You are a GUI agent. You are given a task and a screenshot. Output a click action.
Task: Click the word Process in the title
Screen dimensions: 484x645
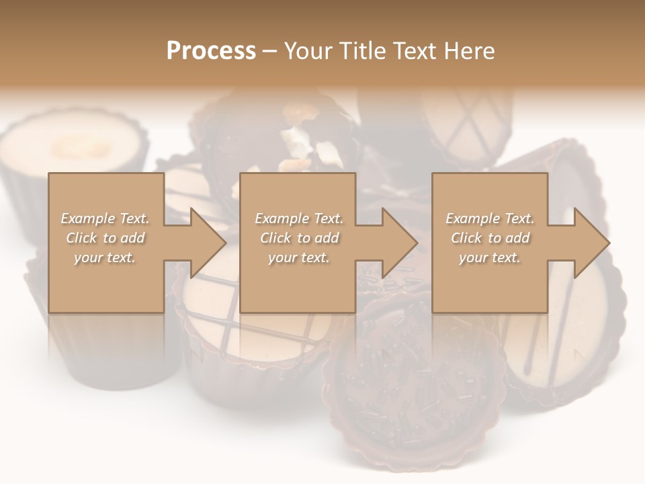point(211,51)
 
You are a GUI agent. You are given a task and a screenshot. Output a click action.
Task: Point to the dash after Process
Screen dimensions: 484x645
point(270,52)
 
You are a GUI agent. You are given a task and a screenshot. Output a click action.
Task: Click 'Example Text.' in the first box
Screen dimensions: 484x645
point(105,218)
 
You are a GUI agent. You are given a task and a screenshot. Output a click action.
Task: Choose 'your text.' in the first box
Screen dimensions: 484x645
point(105,257)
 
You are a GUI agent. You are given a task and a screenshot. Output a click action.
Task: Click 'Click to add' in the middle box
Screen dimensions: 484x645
point(299,238)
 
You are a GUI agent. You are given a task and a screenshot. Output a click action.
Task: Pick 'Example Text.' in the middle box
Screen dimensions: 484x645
point(299,218)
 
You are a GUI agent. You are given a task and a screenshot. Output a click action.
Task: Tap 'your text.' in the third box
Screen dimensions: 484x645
point(490,257)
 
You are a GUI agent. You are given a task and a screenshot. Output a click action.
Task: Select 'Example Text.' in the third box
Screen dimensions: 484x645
point(490,218)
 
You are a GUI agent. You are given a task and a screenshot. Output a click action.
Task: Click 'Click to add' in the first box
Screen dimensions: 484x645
point(105,238)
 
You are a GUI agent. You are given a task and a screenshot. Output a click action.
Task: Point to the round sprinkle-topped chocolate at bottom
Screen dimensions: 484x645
point(411,383)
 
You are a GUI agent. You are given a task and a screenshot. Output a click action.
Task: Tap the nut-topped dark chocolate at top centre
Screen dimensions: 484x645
point(296,134)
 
